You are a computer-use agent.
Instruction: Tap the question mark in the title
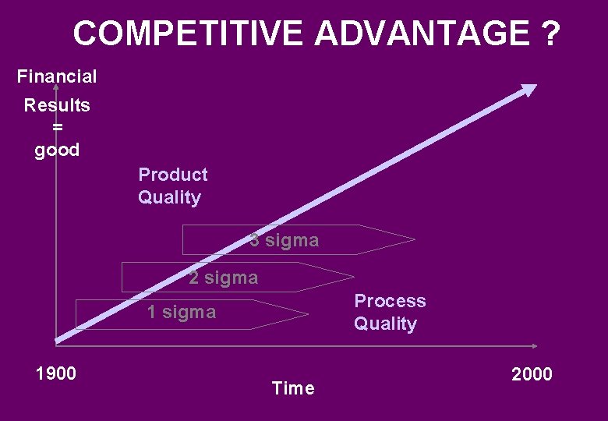tap(548, 34)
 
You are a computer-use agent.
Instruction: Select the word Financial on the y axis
tap(57, 76)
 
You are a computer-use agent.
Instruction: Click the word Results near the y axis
tap(57, 105)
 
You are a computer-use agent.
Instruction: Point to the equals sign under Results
tap(57, 127)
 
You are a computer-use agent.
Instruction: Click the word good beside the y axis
tap(57, 150)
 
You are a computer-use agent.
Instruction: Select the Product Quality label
tap(172, 186)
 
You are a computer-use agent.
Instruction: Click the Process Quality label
tap(390, 312)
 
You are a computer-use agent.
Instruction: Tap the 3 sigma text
tap(285, 240)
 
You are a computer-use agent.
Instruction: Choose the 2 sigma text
tap(223, 278)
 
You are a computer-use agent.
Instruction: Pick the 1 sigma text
tap(182, 313)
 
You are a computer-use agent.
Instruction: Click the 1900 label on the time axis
tap(56, 373)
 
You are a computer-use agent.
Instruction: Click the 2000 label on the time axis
tap(532, 374)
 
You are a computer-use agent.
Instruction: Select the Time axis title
tap(293, 388)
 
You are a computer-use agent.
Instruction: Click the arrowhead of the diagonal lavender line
tap(529, 90)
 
